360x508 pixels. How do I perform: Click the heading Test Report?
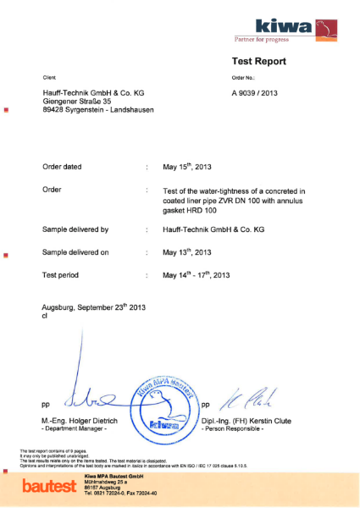coord(258,61)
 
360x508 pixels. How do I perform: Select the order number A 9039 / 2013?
coord(260,93)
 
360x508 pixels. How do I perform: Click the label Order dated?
coord(62,167)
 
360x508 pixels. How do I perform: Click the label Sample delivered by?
coord(75,229)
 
